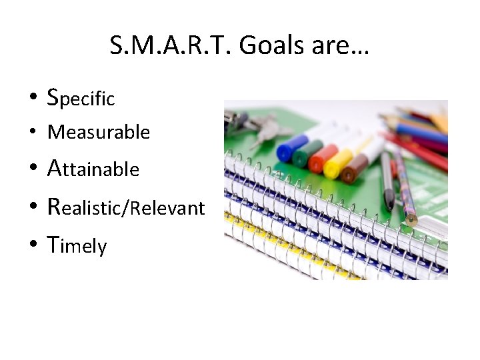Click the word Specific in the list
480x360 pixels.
[81, 99]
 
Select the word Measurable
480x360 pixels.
[99, 132]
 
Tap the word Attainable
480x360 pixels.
[93, 169]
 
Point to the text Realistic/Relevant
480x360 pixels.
[125, 207]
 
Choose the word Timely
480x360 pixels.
[77, 246]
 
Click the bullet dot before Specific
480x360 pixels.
[33, 100]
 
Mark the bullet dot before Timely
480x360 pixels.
[33, 246]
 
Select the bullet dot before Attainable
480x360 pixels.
[33, 169]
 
